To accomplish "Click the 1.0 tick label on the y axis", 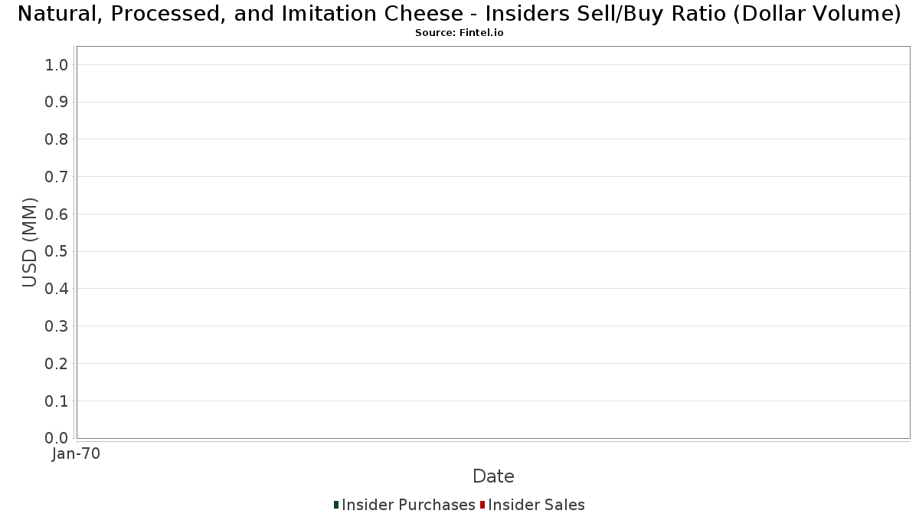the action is [56, 65].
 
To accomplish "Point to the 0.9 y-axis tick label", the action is [56, 102].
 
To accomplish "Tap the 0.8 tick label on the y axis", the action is [56, 139].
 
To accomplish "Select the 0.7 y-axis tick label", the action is [56, 177].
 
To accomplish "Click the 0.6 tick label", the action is [56, 214].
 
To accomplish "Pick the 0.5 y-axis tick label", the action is [56, 251].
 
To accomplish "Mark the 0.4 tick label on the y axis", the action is [56, 289].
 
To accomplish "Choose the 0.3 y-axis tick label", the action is [56, 326].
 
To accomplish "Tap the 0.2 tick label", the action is [56, 364].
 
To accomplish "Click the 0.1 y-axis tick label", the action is [56, 401].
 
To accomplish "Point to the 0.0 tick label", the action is [56, 438].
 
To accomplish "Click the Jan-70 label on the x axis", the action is [76, 453].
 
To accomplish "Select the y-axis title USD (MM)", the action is [30, 243].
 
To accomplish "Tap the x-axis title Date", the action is [493, 476].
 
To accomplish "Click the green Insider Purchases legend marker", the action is [336, 505].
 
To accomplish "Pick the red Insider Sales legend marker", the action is [482, 505].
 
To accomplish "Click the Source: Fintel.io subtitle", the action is [459, 33].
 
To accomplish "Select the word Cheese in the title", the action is [424, 14].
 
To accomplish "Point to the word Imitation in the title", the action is [329, 14].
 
